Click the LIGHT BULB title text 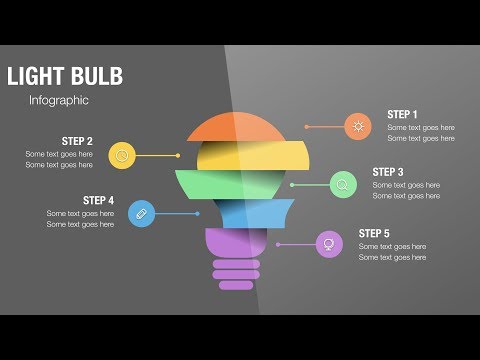click(64, 76)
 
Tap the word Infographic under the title click(59, 100)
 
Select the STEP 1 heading click(402, 115)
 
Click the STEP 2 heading click(77, 141)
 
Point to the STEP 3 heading click(388, 172)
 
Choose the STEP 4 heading click(98, 200)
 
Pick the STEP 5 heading click(374, 233)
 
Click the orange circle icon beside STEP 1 click(357, 127)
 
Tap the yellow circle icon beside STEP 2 click(122, 155)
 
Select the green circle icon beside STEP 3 click(343, 185)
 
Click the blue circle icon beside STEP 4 click(142, 213)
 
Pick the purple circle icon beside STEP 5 click(328, 244)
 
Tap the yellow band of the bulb click(236, 156)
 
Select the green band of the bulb click(236, 184)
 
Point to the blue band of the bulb click(250, 213)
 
